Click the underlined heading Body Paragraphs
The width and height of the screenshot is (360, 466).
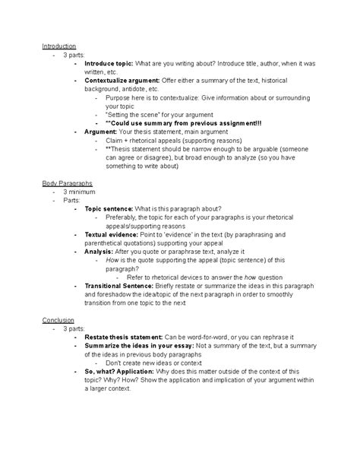[67, 184]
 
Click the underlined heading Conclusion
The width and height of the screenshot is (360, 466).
[58, 320]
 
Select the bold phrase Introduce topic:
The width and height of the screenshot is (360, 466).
[109, 64]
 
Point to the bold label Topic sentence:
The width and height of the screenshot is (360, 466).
[109, 208]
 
